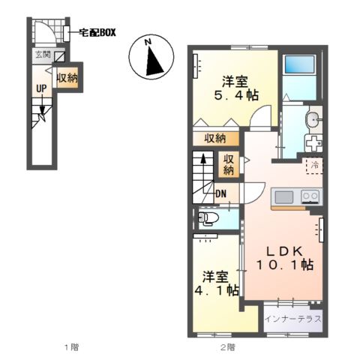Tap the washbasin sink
click(312, 119)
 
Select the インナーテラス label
click(293, 319)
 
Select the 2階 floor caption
click(226, 347)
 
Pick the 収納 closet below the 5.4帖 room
click(216, 138)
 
